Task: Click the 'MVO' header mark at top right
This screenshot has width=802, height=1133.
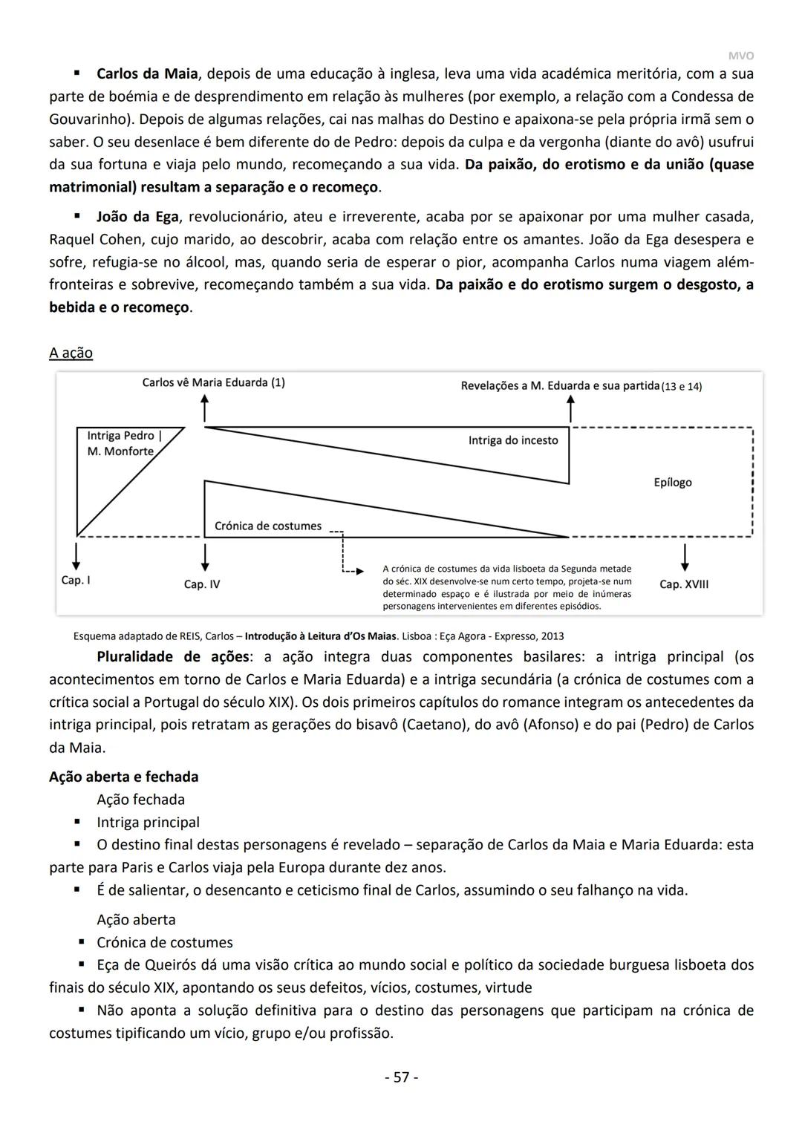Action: click(x=740, y=56)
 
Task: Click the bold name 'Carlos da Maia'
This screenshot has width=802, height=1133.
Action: click(x=147, y=74)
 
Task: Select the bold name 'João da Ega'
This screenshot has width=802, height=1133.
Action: click(x=137, y=217)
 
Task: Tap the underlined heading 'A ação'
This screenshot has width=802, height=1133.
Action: click(x=71, y=353)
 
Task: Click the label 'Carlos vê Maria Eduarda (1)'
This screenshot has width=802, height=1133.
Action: click(x=213, y=382)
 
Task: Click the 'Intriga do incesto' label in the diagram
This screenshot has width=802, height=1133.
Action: click(x=512, y=440)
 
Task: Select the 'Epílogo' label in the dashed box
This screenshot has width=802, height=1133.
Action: click(x=672, y=483)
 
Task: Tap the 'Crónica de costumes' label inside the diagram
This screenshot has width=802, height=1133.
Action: click(x=267, y=526)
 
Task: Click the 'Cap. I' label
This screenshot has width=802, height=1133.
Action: click(x=76, y=580)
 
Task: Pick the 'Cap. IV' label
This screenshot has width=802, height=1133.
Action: click(x=201, y=584)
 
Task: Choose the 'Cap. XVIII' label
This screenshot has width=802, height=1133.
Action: click(x=683, y=584)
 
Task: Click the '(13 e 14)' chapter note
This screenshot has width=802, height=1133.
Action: click(x=681, y=387)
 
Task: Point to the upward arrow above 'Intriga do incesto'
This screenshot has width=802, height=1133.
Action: click(x=570, y=409)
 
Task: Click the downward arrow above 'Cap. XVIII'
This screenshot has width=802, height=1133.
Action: click(x=685, y=557)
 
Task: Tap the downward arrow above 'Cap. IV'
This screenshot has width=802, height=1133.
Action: click(x=205, y=557)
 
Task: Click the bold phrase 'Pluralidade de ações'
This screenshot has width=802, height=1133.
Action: click(x=172, y=656)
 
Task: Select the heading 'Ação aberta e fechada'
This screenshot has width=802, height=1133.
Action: click(x=123, y=777)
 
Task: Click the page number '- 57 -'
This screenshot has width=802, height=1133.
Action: click(x=401, y=1077)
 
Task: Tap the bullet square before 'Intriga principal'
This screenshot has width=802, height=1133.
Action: click(x=76, y=822)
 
